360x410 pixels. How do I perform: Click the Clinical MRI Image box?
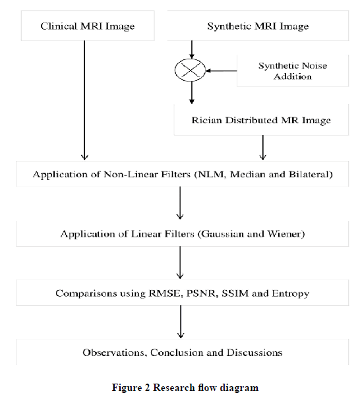(88, 26)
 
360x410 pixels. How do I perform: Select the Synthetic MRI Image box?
(258, 26)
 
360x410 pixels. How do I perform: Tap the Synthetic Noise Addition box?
(293, 71)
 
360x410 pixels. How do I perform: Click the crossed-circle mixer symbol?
(190, 71)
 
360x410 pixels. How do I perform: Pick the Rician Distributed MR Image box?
(261, 120)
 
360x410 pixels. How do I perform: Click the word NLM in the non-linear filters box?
(212, 174)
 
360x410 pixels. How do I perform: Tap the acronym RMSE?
(165, 293)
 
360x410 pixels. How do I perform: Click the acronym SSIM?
(235, 293)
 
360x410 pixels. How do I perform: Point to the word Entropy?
(290, 293)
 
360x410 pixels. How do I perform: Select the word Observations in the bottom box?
(113, 353)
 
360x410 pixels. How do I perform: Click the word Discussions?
(255, 353)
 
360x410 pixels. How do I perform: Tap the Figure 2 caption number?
(147, 387)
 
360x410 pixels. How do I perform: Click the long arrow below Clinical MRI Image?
(84, 100)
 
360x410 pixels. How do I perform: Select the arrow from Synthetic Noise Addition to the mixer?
(222, 71)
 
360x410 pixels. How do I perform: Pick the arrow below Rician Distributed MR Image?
(262, 148)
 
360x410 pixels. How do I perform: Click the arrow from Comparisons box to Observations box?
(181, 322)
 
